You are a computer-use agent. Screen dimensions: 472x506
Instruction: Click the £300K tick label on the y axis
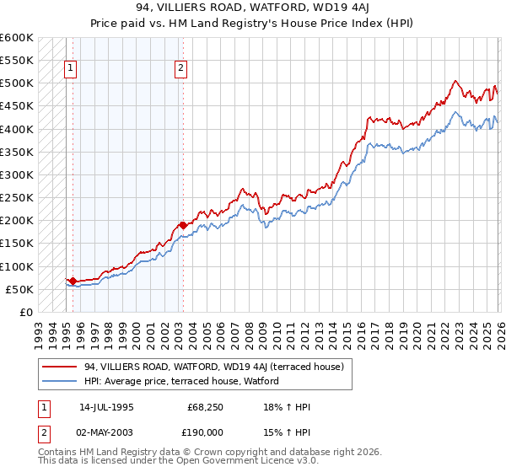(x=16, y=175)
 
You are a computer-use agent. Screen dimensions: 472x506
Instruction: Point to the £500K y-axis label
(x=16, y=83)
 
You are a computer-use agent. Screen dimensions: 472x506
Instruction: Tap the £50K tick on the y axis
(x=19, y=290)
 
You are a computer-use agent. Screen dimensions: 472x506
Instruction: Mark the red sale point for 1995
(x=73, y=281)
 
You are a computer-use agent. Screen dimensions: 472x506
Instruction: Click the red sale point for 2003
(x=182, y=225)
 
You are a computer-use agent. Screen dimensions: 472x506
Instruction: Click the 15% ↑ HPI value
(x=288, y=432)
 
